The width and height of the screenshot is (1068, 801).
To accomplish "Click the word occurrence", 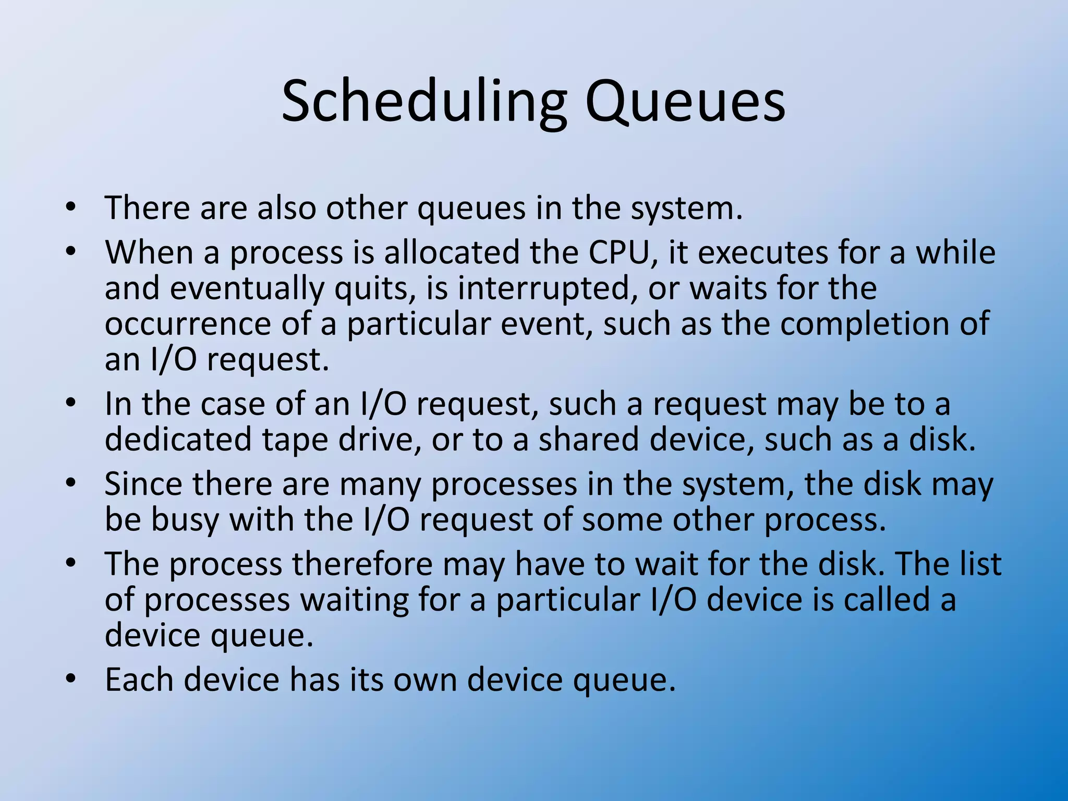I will click(188, 324).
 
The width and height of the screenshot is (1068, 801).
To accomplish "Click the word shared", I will click(589, 439).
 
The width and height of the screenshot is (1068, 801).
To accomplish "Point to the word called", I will click(887, 600).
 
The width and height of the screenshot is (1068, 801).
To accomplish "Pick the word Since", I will click(143, 484).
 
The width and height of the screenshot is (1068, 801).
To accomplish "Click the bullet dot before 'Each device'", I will click(71, 679).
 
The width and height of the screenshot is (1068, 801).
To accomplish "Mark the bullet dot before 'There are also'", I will click(71, 207).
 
